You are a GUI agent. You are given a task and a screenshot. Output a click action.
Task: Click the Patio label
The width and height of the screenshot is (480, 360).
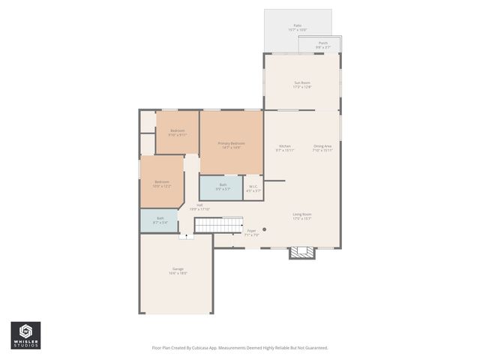tap(297, 26)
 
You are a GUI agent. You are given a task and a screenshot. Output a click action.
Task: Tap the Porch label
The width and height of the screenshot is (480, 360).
tap(322, 43)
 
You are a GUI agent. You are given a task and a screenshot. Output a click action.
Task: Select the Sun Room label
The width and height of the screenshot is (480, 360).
tap(301, 83)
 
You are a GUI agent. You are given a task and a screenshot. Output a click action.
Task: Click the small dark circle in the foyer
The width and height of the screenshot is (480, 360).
tap(264, 229)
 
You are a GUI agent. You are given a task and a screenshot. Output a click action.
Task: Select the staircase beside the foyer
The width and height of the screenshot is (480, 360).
tap(219, 225)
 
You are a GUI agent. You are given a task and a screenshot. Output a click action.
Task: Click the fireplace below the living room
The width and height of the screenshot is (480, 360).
tap(301, 252)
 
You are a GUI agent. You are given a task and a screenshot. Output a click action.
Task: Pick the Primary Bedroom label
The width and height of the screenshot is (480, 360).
tap(231, 144)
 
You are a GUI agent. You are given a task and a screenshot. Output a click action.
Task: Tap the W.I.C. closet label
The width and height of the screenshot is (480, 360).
tap(253, 188)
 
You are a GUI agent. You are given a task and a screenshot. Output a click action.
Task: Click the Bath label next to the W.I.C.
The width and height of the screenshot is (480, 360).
tap(223, 185)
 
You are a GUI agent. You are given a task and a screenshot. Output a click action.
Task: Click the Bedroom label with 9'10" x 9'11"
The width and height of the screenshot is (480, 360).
tap(177, 132)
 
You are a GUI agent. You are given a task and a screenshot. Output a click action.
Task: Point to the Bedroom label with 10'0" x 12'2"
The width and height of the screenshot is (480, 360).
tap(162, 183)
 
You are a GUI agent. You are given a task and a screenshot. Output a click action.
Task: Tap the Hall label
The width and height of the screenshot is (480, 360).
tap(199, 206)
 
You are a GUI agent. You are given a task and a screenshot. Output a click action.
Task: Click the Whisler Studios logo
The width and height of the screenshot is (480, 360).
tap(26, 334)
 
